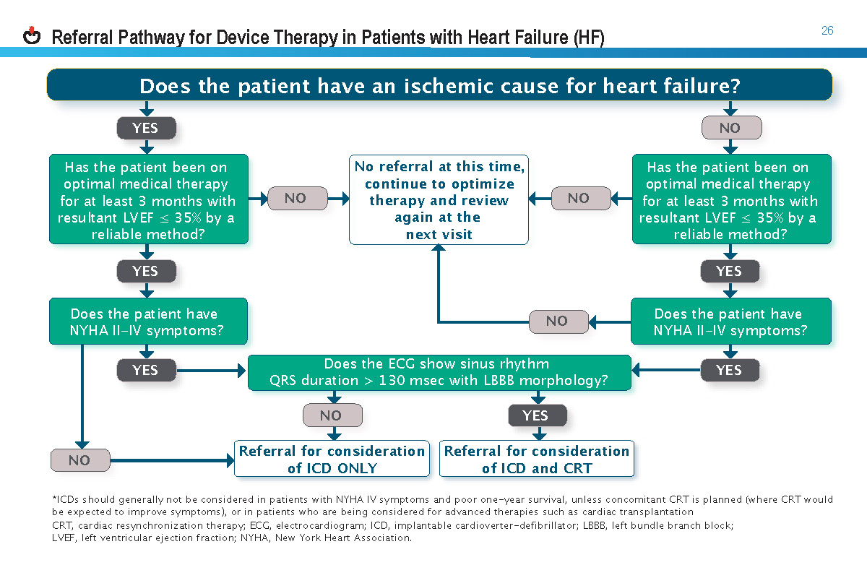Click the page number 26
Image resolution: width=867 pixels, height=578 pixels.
[x=827, y=30]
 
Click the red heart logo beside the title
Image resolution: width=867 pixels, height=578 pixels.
[x=32, y=35]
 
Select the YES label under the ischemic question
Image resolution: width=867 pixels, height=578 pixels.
[x=145, y=128]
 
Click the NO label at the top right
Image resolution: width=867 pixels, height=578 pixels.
[x=730, y=128]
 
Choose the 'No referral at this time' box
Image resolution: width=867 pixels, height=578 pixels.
[x=439, y=200]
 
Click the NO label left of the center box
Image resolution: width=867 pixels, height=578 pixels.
[x=295, y=198]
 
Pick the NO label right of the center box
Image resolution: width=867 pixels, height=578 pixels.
[x=578, y=198]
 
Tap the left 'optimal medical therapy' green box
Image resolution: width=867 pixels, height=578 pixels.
[x=147, y=200]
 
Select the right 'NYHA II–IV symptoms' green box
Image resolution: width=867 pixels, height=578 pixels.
[x=730, y=322]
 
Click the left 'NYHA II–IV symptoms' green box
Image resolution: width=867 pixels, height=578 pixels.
[x=147, y=322]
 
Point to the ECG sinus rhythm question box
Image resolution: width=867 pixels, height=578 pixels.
[x=439, y=372]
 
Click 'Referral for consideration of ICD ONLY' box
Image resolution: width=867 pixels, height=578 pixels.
[x=332, y=459]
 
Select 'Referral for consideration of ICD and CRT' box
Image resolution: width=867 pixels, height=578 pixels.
[x=536, y=459]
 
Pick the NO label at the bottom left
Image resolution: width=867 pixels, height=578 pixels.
[x=79, y=460]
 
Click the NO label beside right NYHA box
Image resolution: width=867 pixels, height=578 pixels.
[x=556, y=321]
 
